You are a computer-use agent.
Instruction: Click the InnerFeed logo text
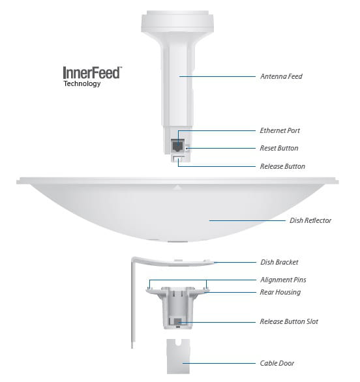[93, 72]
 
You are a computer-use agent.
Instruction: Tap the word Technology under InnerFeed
[82, 83]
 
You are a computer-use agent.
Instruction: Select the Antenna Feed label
[281, 76]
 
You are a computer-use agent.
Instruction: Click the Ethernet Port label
[280, 130]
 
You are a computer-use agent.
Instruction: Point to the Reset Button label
[279, 148]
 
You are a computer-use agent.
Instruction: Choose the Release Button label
[282, 166]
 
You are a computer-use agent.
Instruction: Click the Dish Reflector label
[310, 220]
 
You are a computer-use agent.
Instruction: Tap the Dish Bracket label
[279, 262]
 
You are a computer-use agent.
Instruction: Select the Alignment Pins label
[283, 280]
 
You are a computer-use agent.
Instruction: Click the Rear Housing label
[280, 292]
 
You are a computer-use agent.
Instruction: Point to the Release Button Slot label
[289, 321]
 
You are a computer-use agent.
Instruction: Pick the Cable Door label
[277, 363]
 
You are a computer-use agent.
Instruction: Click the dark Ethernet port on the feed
[177, 145]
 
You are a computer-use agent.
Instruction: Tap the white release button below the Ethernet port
[179, 159]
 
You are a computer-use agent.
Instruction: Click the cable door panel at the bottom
[178, 357]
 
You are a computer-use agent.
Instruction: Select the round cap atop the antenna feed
[177, 22]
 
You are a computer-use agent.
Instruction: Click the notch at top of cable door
[178, 342]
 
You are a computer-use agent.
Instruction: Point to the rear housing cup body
[178, 308]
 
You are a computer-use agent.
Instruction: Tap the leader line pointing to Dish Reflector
[247, 221]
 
